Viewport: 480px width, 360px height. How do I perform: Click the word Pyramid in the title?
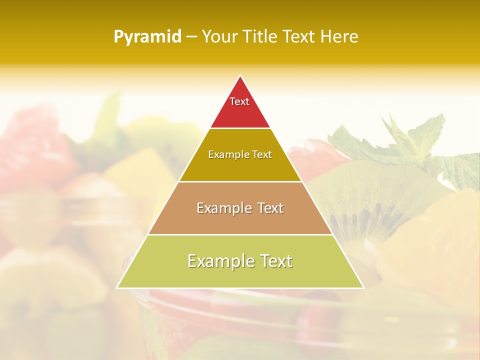pyautogui.click(x=147, y=37)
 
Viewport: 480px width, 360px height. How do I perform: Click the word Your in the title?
pyautogui.click(x=219, y=36)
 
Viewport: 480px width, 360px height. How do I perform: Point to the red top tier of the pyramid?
pyautogui.click(x=240, y=112)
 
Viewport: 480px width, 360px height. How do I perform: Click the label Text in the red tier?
pyautogui.click(x=239, y=101)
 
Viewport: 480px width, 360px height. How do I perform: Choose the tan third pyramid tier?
pyautogui.click(x=240, y=220)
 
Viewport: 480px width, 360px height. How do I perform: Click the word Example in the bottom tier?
pyautogui.click(x=220, y=261)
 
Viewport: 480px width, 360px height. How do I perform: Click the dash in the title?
pyautogui.click(x=191, y=37)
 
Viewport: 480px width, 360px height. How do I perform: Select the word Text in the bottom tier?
pyautogui.click(x=273, y=261)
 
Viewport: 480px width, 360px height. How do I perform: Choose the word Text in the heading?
pyautogui.click(x=299, y=36)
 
